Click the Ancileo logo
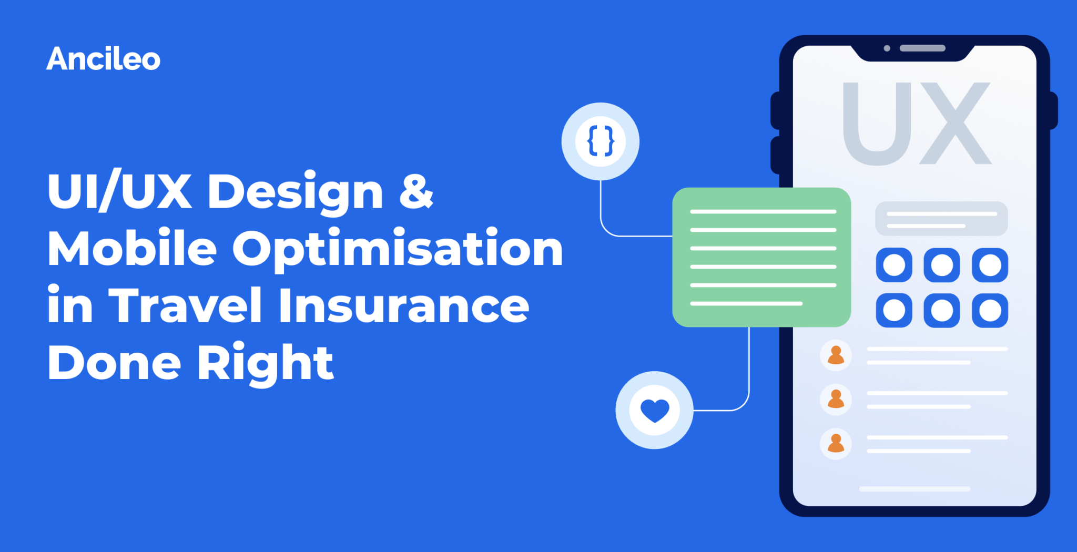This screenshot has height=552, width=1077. [x=103, y=59]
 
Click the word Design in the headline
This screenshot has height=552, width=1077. [x=295, y=192]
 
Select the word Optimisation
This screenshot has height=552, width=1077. [x=398, y=250]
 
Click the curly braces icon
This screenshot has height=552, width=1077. [x=601, y=141]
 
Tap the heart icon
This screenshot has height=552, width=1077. [x=654, y=410]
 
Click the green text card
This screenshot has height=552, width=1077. [x=761, y=257]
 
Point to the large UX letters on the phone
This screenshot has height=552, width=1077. [x=917, y=124]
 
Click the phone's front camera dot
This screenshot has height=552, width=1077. [x=887, y=48]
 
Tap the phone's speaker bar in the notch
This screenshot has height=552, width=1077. [x=922, y=48]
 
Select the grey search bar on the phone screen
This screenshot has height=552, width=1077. [x=941, y=219]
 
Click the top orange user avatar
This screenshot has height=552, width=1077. [x=836, y=355]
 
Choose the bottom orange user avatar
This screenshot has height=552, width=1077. [x=836, y=444]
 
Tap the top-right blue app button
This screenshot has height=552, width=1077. [x=990, y=265]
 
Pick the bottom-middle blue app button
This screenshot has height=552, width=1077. [x=941, y=310]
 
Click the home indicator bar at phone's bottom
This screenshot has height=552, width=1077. [x=915, y=489]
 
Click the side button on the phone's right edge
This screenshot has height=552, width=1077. [x=1053, y=110]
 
